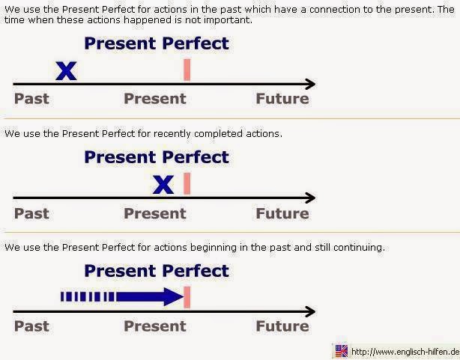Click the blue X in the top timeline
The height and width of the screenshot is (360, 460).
[x=66, y=71]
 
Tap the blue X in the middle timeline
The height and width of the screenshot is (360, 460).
[x=163, y=185]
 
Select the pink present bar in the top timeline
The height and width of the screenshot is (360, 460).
[x=187, y=70]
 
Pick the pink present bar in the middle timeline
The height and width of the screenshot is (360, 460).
[x=187, y=183]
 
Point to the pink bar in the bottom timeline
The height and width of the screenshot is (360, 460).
[x=187, y=297]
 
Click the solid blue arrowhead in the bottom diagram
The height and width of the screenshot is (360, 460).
[x=174, y=296]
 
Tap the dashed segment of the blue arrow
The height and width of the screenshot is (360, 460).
[x=88, y=296]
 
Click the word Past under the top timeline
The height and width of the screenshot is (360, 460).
[x=31, y=99]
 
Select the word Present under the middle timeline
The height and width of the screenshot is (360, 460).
[x=155, y=213]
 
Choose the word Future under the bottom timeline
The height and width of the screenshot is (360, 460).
[x=282, y=326]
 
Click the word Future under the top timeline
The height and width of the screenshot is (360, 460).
[x=282, y=99]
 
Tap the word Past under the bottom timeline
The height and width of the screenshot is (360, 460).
[x=31, y=326]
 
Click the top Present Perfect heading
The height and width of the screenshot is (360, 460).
[x=157, y=43]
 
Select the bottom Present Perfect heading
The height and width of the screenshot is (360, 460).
[x=157, y=271]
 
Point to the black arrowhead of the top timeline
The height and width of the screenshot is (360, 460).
[x=311, y=84]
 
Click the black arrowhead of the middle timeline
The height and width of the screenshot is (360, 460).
[x=311, y=198]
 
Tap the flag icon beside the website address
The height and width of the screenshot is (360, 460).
[x=341, y=351]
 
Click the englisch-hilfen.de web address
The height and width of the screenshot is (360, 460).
[x=405, y=352]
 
